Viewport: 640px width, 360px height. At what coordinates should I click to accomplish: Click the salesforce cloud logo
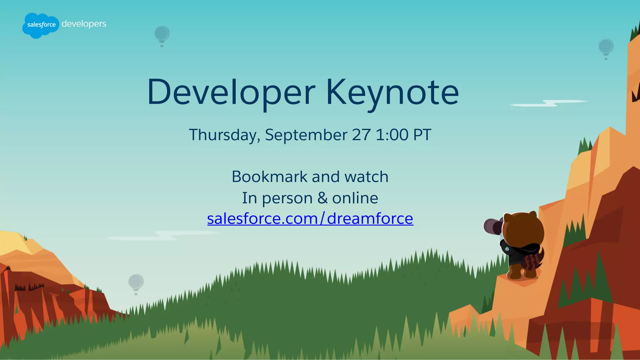(x=41, y=25)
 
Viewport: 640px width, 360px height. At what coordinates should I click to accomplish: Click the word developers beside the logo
(x=84, y=24)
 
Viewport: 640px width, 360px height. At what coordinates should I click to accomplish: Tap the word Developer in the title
(x=231, y=92)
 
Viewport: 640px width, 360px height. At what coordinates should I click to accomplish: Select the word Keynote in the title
(x=392, y=92)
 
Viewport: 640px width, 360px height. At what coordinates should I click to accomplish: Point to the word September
(x=306, y=135)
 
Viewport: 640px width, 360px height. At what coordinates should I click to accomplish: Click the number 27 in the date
(x=361, y=135)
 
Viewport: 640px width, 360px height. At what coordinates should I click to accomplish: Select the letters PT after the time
(x=422, y=135)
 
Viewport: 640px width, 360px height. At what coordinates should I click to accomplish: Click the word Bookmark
(x=269, y=177)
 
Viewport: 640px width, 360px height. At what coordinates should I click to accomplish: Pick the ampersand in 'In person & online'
(x=322, y=198)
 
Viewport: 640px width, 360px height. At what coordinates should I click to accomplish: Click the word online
(x=355, y=198)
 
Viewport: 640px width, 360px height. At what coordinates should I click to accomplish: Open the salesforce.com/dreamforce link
(x=310, y=218)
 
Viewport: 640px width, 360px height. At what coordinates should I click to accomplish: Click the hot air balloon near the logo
(x=162, y=35)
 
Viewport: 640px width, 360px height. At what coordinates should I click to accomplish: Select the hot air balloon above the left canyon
(x=136, y=283)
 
